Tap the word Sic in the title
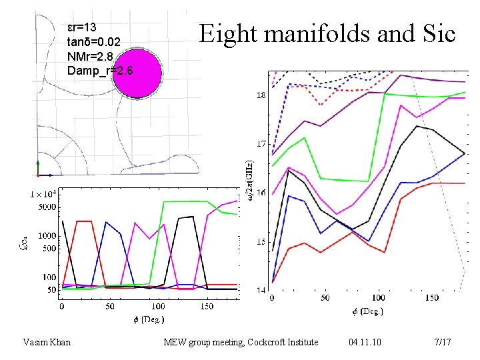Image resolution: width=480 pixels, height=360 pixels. point(435,33)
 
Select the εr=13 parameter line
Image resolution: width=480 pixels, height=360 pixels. point(83,27)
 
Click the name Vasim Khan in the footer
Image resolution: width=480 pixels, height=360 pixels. point(46,343)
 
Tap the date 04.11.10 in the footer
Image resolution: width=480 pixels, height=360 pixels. point(365,343)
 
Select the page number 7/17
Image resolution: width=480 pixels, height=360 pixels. point(443,343)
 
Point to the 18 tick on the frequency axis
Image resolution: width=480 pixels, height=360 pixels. point(261,95)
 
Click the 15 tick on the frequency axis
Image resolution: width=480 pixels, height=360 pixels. point(261,241)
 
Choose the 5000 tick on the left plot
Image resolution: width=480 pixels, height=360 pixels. point(47,207)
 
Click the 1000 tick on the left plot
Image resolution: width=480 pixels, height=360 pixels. point(47,235)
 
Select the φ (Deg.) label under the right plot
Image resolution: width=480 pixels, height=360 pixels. point(369,311)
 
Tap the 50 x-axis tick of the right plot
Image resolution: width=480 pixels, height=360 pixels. point(325,298)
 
